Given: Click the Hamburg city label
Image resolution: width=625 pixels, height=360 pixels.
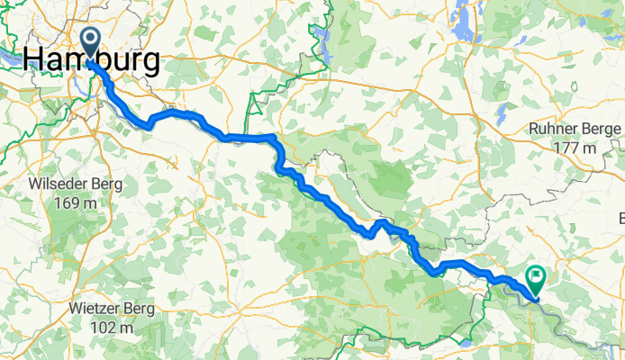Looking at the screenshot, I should [92, 59].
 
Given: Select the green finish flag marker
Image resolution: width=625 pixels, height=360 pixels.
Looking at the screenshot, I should [538, 278].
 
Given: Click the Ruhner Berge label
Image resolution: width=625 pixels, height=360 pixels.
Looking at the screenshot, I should [575, 129].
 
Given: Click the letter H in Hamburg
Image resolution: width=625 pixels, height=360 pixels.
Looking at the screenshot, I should [34, 59].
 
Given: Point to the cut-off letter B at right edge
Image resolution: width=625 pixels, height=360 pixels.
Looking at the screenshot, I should [620, 218].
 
